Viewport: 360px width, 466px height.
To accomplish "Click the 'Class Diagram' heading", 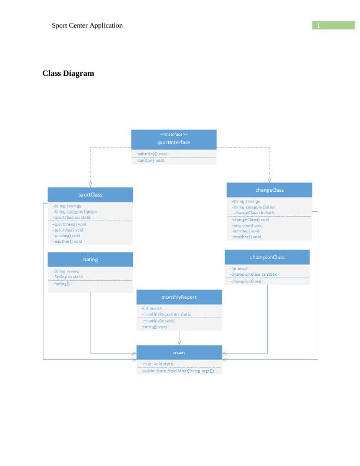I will [68, 74].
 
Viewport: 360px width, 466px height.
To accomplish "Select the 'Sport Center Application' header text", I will [87, 25].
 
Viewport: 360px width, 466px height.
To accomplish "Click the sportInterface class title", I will [174, 142].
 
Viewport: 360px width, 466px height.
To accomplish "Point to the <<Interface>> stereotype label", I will [174, 135].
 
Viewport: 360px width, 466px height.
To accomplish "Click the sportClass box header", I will [90, 194].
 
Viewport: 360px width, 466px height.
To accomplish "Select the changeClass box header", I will [269, 189].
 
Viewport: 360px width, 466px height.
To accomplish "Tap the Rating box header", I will [90, 259].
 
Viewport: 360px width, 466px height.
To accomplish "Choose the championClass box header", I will [267, 257].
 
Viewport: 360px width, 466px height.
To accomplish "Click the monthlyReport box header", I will [179, 297].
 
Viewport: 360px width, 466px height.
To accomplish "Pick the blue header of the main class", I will [179, 352].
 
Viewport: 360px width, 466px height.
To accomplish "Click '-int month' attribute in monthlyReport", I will [152, 308].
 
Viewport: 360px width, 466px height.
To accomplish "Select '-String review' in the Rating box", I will [67, 271].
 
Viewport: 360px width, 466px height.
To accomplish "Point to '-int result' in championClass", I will [240, 268].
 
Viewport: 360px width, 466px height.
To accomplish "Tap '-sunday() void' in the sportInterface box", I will [151, 160].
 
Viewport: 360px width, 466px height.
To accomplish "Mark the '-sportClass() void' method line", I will [69, 224].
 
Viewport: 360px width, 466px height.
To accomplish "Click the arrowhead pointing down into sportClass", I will [90, 184].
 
